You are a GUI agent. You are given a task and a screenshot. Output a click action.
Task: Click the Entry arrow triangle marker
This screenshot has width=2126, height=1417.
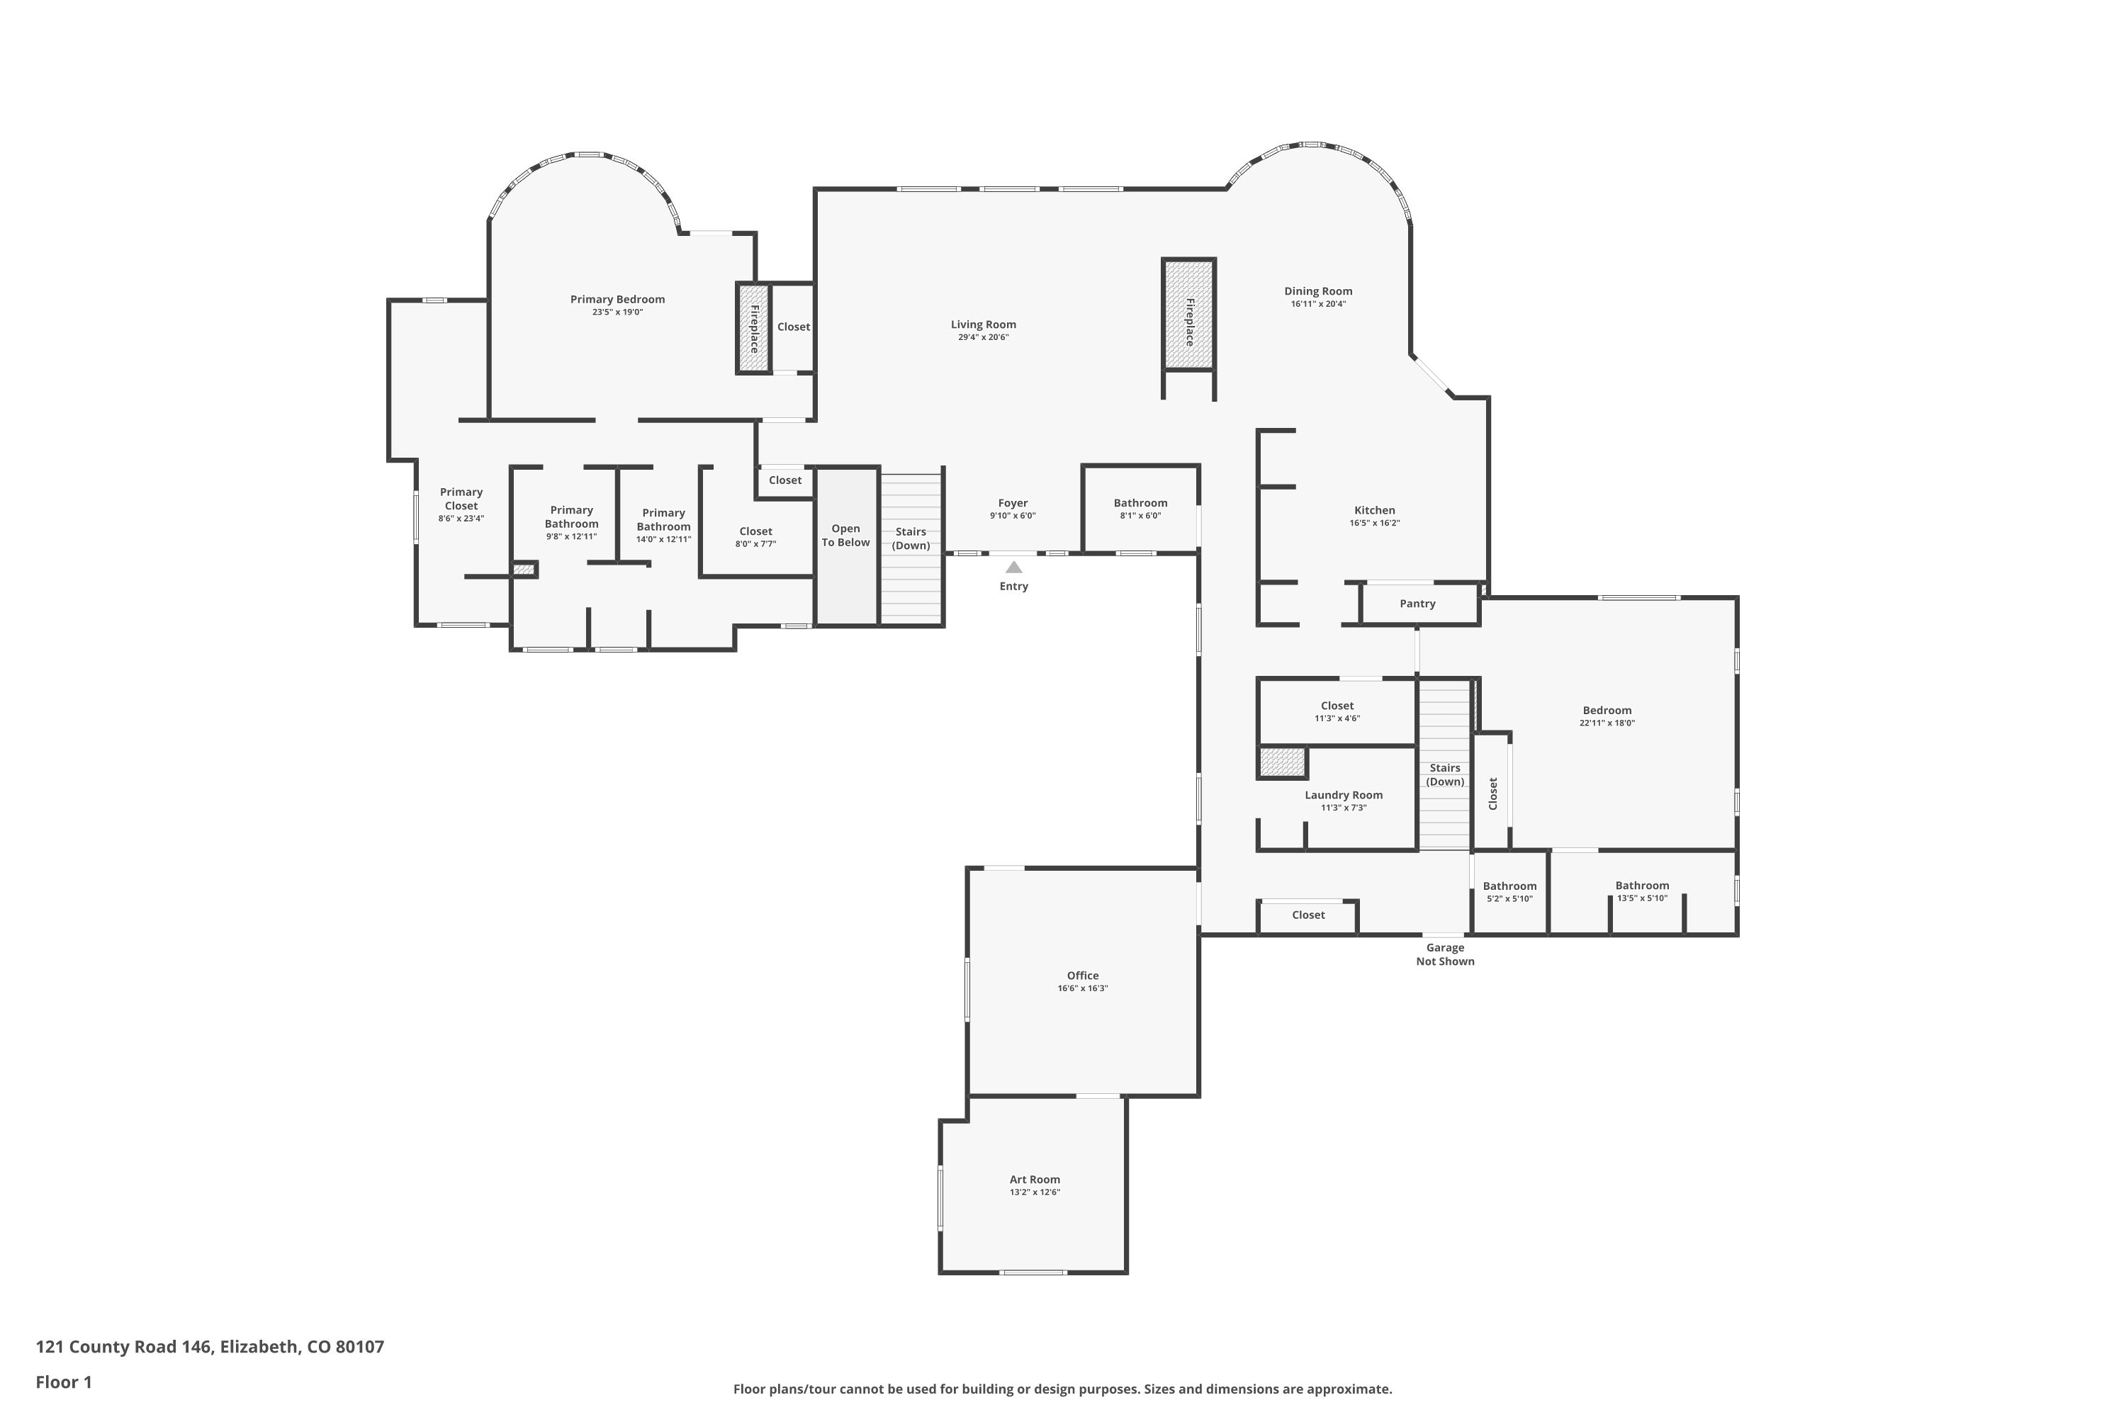pos(1013,568)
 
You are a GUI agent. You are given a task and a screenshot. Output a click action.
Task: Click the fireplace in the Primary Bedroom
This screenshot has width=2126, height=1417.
pos(753,328)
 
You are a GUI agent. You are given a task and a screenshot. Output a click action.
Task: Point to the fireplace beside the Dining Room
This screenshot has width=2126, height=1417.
pos(1188,315)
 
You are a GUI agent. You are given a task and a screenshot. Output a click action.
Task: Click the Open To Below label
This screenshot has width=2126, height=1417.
pos(845,536)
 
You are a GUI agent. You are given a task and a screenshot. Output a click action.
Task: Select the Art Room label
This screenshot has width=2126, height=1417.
pos(1034,1180)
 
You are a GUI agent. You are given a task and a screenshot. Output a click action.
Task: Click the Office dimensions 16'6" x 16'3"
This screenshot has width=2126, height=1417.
pos(1082,988)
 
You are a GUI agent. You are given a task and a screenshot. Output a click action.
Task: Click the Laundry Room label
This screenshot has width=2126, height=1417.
pos(1343,795)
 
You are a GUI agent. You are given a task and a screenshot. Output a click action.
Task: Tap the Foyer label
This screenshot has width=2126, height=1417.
pos(1013,503)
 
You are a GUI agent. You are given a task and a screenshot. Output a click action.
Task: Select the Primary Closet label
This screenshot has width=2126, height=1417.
pos(461,499)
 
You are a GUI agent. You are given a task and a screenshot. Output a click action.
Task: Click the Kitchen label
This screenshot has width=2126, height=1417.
pos(1374,511)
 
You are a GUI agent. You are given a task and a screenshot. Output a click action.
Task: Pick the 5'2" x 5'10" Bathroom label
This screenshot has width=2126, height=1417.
pos(1509,886)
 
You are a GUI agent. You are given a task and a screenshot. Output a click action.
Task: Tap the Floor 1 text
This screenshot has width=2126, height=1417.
pos(63,1382)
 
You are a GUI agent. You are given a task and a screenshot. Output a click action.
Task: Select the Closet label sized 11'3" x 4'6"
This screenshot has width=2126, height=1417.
pos(1336,706)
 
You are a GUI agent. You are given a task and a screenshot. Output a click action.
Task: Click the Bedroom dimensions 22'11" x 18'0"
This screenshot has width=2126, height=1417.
pos(1607,723)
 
